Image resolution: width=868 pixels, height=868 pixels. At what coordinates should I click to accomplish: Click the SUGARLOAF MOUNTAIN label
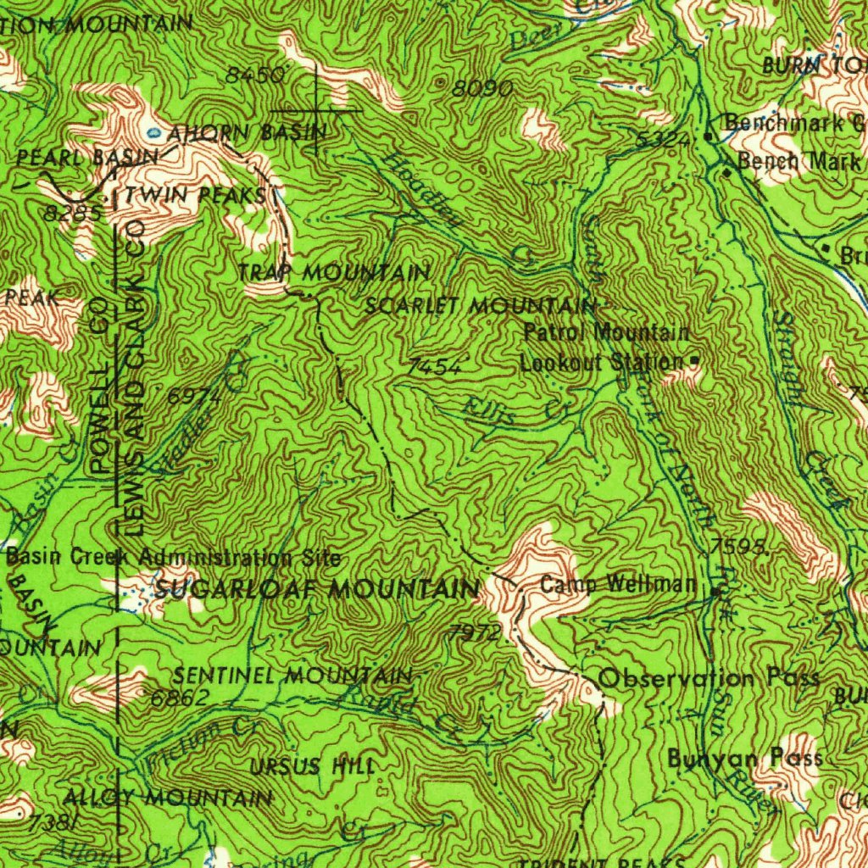318,588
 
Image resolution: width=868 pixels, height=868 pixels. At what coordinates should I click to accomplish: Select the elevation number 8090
481,89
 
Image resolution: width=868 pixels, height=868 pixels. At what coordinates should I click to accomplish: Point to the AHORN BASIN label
247,132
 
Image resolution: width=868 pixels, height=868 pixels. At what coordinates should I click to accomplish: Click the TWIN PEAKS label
196,196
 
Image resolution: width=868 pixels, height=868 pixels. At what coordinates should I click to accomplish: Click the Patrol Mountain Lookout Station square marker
695,361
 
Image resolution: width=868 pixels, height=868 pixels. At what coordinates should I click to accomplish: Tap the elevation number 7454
434,366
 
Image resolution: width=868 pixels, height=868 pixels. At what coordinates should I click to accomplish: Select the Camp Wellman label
618,584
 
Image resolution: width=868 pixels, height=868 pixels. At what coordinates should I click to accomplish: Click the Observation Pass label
709,678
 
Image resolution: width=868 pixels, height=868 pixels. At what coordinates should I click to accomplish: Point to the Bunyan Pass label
744,758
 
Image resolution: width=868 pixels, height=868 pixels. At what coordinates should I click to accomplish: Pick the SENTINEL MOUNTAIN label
292,676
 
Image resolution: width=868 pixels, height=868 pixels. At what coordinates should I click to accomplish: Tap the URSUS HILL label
312,767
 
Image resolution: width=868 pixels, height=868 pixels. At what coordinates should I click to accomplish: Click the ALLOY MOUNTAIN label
169,798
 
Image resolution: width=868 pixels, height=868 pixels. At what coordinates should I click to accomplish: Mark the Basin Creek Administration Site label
174,558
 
